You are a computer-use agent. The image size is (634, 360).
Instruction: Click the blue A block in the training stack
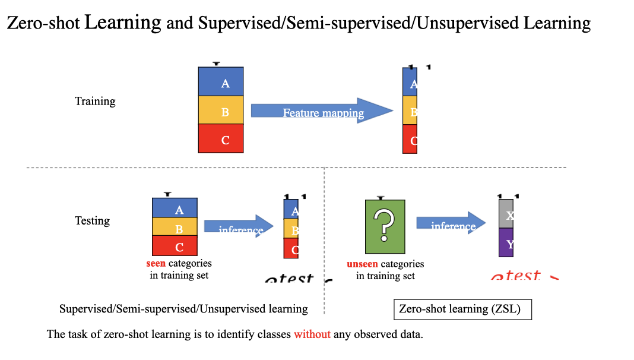[221, 82]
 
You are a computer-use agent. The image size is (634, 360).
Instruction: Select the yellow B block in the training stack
[221, 110]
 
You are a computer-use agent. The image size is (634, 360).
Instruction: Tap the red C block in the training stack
[221, 139]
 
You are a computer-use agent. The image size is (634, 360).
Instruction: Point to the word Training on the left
[95, 102]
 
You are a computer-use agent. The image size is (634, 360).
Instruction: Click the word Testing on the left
[92, 221]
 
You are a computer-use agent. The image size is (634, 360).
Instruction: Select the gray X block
[506, 214]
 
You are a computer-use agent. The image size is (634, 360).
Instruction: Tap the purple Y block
[506, 243]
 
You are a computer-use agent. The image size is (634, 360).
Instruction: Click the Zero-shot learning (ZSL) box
[462, 310]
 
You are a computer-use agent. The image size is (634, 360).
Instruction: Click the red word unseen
[362, 264]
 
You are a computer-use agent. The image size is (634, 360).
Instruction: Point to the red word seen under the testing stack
[156, 263]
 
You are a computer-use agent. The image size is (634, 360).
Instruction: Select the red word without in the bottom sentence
[312, 334]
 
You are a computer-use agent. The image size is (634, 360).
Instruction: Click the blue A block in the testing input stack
[175, 209]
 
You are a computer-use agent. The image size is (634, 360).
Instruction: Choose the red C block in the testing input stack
[175, 245]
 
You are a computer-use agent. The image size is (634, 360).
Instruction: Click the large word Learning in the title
[123, 23]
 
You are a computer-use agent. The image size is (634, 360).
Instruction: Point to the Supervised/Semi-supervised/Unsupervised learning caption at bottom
[183, 309]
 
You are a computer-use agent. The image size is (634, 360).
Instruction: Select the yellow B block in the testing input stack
[175, 227]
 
